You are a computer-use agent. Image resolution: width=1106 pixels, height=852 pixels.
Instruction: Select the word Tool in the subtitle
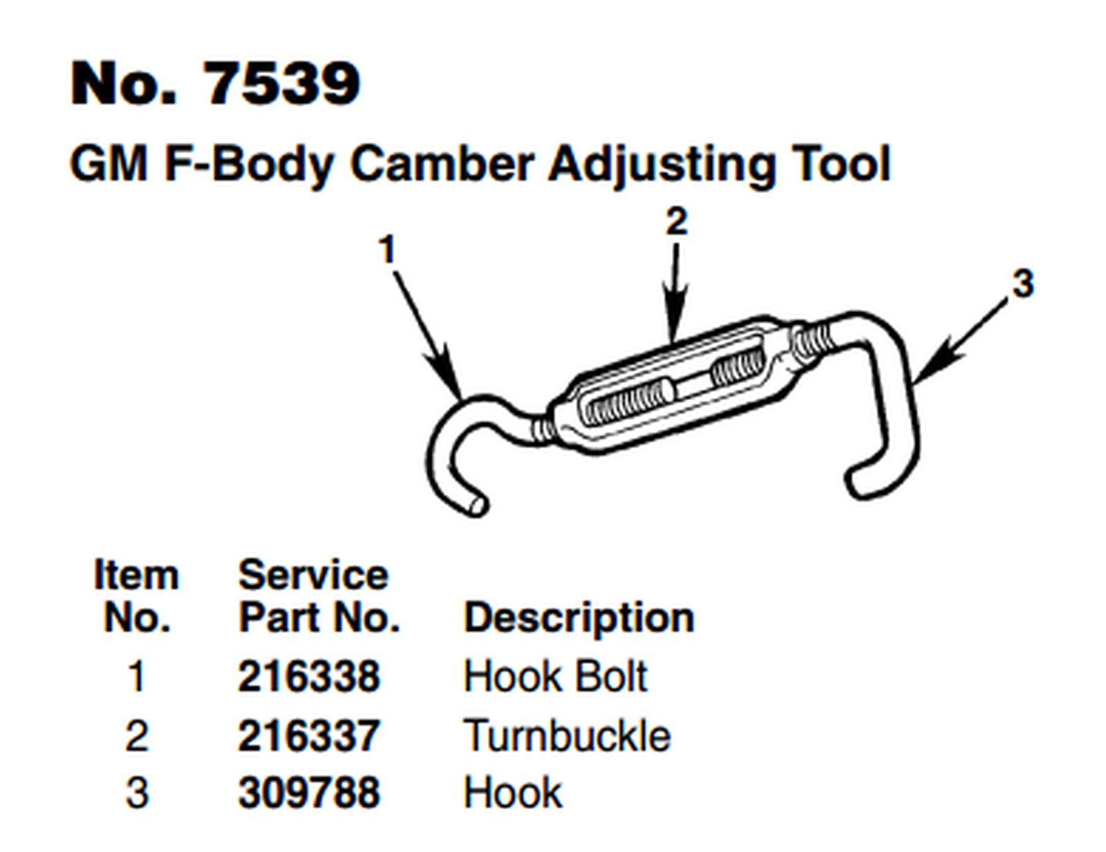coord(843,165)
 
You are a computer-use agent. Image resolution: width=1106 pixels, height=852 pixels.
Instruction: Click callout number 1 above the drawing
coord(388,250)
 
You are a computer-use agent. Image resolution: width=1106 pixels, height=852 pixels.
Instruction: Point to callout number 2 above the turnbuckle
coord(677,222)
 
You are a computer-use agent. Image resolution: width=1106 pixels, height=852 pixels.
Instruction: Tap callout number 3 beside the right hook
coord(1023,284)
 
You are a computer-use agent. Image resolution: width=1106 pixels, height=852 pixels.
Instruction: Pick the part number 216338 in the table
coord(309,676)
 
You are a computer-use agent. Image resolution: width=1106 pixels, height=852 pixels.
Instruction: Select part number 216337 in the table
coord(309,735)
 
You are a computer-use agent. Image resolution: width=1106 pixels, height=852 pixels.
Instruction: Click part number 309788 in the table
coord(309,793)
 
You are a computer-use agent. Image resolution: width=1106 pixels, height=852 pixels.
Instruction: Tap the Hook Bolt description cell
coord(555,676)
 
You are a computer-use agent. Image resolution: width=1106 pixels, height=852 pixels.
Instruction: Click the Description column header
coord(579,618)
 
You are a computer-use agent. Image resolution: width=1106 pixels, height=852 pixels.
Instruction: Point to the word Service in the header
coord(313,575)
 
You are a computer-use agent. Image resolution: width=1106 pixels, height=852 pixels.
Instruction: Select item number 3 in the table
coord(137,793)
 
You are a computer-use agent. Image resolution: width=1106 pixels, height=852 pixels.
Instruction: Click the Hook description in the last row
coord(512,793)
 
